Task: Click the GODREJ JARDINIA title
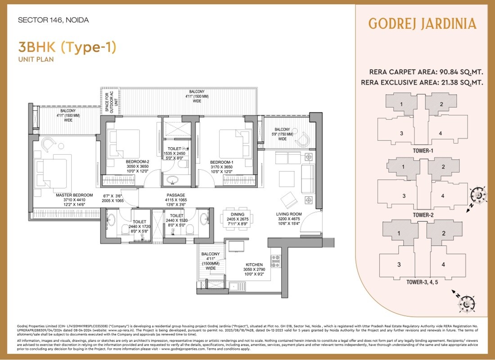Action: tap(422, 23)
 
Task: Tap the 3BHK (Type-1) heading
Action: tap(67, 47)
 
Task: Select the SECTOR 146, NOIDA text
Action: tap(53, 20)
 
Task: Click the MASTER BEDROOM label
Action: tap(74, 195)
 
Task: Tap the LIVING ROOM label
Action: tap(289, 214)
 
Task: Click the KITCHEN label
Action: tap(254, 265)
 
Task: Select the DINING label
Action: tap(237, 215)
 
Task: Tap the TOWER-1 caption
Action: tap(423, 151)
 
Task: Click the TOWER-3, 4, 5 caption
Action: tap(423, 282)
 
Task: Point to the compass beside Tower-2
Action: tap(477, 196)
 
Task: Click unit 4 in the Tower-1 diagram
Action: tap(440, 133)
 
